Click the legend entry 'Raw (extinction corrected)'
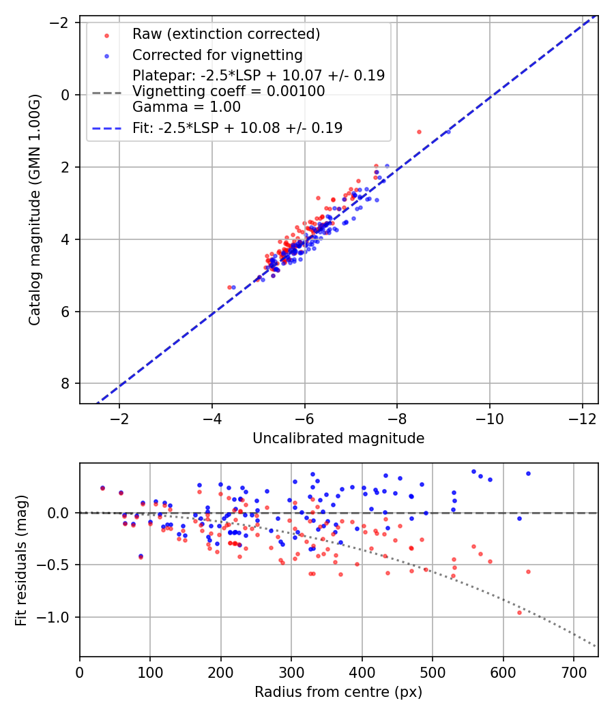click(x=226, y=34)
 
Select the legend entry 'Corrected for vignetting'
click(x=217, y=55)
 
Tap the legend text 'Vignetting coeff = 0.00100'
click(x=229, y=91)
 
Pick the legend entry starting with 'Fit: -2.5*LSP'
click(x=237, y=128)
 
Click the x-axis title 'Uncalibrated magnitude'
click(x=338, y=438)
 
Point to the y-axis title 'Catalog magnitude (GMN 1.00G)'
click(x=35, y=209)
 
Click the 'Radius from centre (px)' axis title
click(x=338, y=692)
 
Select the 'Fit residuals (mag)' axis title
click(x=21, y=560)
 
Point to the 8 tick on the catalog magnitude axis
click(x=66, y=384)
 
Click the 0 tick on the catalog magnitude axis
click(x=66, y=95)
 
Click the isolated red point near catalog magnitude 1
click(x=419, y=132)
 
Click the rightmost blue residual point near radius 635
click(x=528, y=473)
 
